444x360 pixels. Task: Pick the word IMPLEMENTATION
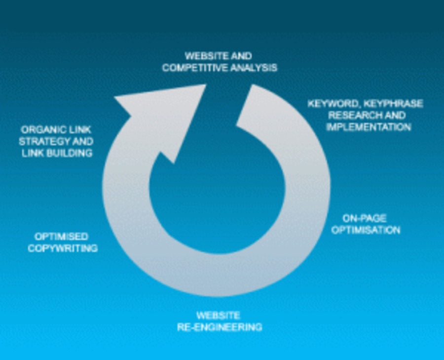[x=369, y=127]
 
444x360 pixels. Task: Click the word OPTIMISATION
[x=365, y=230]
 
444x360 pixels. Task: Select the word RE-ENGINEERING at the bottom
[x=219, y=327]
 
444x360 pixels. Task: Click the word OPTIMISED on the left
[x=61, y=237]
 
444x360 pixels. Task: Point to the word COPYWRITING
[x=62, y=248]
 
